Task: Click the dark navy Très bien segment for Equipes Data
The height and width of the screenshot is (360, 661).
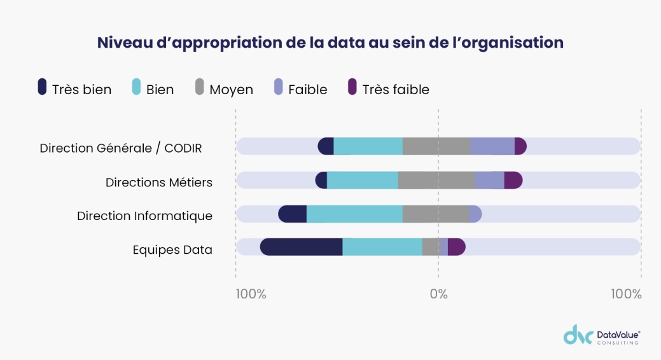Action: (x=302, y=247)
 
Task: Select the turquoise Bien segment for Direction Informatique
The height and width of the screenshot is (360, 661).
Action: (x=354, y=214)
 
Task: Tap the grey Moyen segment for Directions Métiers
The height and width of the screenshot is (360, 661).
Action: (x=436, y=180)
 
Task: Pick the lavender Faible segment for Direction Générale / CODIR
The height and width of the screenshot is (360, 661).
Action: (x=492, y=146)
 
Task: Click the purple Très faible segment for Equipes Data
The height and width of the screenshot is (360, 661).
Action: (x=457, y=247)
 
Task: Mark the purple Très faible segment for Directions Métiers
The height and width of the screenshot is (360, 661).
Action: (x=513, y=180)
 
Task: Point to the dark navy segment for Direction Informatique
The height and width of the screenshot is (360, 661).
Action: (x=293, y=214)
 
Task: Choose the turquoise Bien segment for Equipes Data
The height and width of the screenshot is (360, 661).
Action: (x=382, y=247)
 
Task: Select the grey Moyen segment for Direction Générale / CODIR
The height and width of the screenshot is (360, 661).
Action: (x=436, y=146)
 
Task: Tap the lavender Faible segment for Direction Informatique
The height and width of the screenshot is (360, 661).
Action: (x=475, y=214)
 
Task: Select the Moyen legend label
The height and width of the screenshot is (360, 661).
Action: (x=231, y=90)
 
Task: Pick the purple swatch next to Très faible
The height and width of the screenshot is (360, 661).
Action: (x=352, y=88)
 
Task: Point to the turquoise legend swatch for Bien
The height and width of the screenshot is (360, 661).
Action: (x=136, y=88)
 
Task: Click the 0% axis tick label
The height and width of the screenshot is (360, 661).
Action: (x=438, y=294)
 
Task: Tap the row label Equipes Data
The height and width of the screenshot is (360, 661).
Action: (x=172, y=250)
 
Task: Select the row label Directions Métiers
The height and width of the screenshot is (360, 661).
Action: (x=159, y=183)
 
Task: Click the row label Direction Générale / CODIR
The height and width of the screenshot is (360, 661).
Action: (x=121, y=148)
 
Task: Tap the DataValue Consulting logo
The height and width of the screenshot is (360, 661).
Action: (x=602, y=335)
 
